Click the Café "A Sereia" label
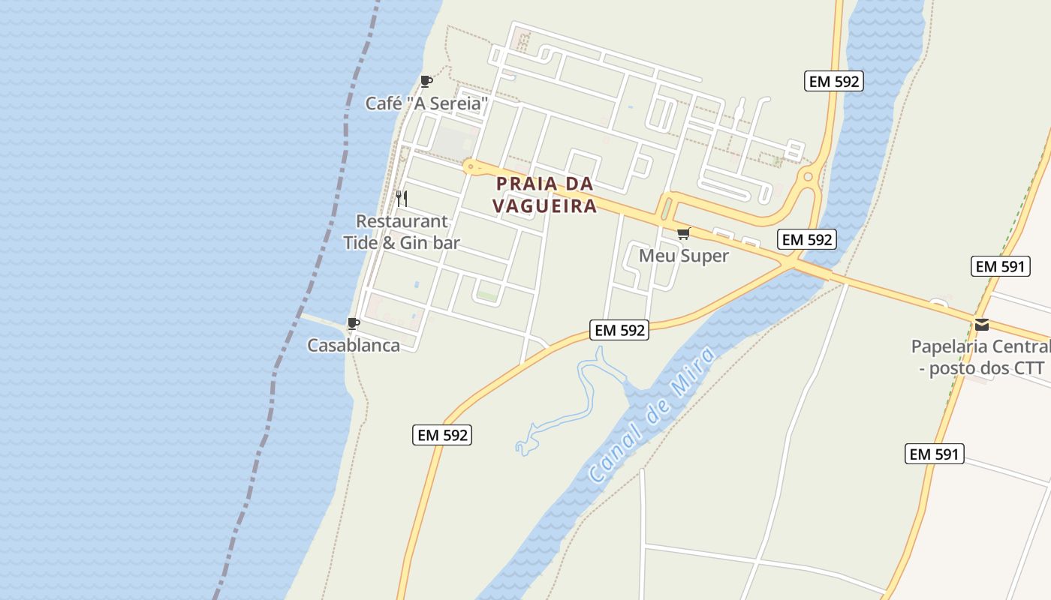[426, 103]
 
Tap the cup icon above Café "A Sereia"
[426, 81]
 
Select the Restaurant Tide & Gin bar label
[402, 232]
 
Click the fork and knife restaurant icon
[402, 199]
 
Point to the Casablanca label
[353, 346]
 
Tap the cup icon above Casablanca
[353, 324]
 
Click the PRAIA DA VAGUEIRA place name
[544, 195]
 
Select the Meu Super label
[683, 256]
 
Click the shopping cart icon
[683, 234]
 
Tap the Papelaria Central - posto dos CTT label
[980, 357]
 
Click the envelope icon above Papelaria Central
[981, 325]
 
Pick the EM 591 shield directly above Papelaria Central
[1000, 266]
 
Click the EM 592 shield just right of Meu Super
[807, 240]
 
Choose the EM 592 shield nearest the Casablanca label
[441, 435]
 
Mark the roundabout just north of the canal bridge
[809, 178]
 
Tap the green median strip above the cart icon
[666, 206]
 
